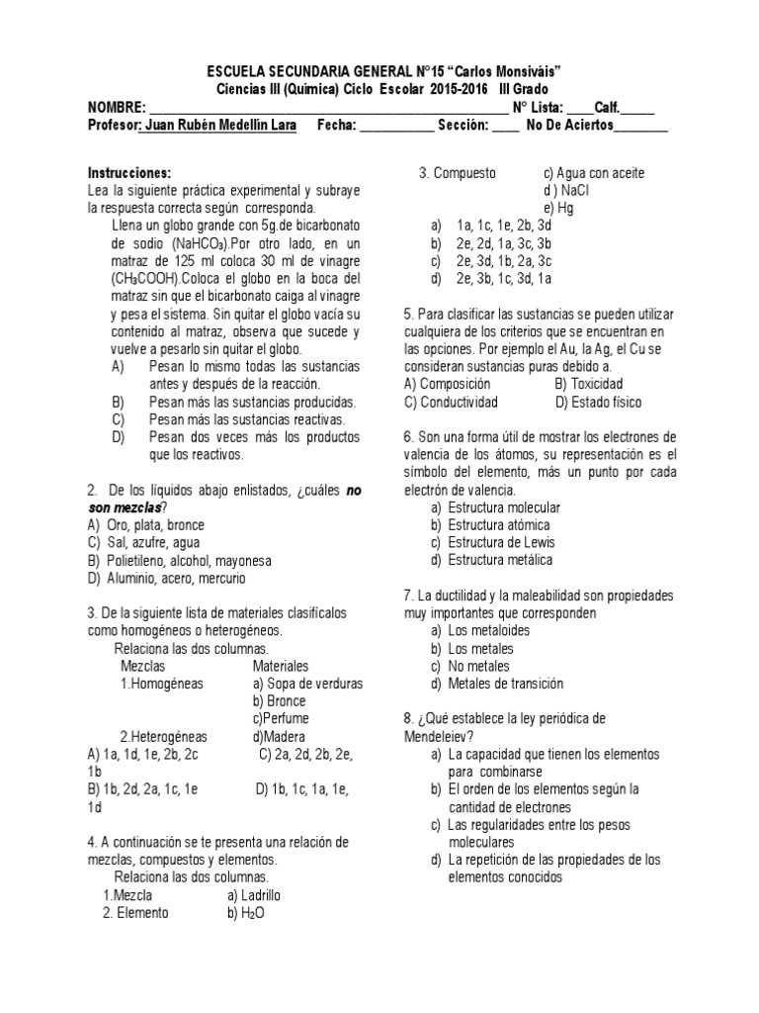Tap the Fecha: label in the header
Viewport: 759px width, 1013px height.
(336, 126)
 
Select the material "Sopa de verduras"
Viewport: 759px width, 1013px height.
(307, 684)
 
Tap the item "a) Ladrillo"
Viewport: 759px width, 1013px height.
(255, 895)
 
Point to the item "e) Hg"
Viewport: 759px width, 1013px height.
(558, 209)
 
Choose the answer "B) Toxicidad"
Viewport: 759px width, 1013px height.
(589, 384)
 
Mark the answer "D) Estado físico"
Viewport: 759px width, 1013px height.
(598, 402)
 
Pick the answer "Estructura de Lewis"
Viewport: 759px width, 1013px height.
(501, 543)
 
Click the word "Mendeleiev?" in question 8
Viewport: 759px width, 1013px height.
(439, 736)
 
